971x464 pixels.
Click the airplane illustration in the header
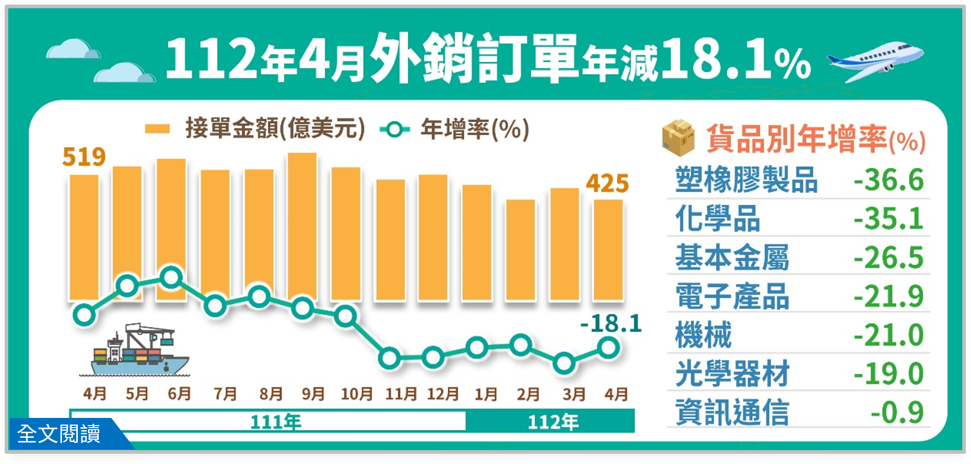pyautogui.click(x=876, y=61)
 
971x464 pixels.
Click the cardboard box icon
pyautogui.click(x=678, y=138)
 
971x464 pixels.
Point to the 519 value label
pyautogui.click(x=84, y=157)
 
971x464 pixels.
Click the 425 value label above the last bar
pyautogui.click(x=608, y=183)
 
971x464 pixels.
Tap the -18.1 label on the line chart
pyautogui.click(x=611, y=324)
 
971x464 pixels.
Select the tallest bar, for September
pyautogui.click(x=303, y=225)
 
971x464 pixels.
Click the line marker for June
pyautogui.click(x=171, y=278)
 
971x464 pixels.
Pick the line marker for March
pyautogui.click(x=564, y=363)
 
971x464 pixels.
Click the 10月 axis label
pyautogui.click(x=357, y=394)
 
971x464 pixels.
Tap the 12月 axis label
pyautogui.click(x=443, y=394)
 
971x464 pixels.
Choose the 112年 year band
pyautogui.click(x=552, y=421)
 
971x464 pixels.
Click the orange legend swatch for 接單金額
pyautogui.click(x=157, y=129)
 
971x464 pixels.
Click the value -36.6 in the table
pyautogui.click(x=889, y=180)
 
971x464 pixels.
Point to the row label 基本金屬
pyautogui.click(x=732, y=257)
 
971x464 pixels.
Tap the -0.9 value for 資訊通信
pyautogui.click(x=897, y=412)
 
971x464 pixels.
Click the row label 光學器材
pyautogui.click(x=732, y=373)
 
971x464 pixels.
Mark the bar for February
pyautogui.click(x=521, y=250)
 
